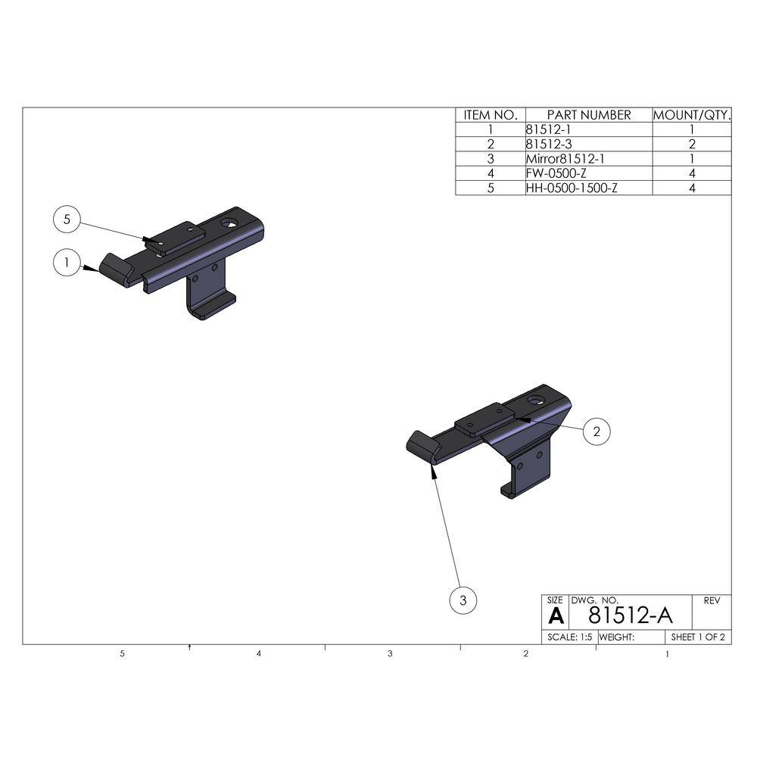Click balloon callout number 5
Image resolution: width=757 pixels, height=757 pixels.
point(67,220)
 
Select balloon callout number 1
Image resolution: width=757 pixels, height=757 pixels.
point(67,263)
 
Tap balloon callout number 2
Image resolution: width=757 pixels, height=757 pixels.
point(597,431)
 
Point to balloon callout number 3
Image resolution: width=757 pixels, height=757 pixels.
point(463,601)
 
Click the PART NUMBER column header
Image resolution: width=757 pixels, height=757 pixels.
point(588,115)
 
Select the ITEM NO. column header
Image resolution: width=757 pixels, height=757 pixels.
point(490,115)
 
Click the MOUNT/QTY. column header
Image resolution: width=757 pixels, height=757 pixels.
point(692,115)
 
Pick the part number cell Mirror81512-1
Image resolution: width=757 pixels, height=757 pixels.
point(565,159)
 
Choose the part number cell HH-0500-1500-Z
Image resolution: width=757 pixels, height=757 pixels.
point(571,188)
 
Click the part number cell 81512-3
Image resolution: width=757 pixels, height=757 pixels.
point(544,145)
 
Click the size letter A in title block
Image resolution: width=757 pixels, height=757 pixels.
point(556,615)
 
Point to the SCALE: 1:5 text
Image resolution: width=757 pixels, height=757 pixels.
point(570,637)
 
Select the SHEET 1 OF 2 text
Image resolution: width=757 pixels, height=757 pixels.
point(698,637)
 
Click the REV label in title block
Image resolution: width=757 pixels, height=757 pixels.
point(712,600)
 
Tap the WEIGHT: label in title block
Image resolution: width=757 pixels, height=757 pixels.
point(616,637)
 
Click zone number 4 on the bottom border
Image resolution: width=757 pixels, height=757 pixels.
point(259,653)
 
